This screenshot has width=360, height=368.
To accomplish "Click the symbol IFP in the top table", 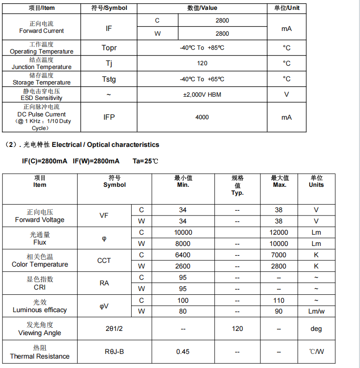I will (109, 117).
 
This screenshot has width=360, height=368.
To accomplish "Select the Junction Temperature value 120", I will (202, 63).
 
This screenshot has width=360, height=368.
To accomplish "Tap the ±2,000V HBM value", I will (202, 94).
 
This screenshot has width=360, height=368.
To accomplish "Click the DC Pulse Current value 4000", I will (202, 117).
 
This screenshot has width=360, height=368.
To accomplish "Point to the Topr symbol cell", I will (109, 48).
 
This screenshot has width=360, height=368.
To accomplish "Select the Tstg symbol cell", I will (109, 79).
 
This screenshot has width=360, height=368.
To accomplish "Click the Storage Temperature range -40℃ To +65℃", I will (202, 79).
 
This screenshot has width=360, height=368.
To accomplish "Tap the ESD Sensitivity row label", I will (41, 95).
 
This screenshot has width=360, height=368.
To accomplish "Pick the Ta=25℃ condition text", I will (145, 161).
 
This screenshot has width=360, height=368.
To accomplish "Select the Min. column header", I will (183, 182).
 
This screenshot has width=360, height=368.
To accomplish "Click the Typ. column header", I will (237, 185).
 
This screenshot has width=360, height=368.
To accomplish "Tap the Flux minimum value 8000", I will (183, 244).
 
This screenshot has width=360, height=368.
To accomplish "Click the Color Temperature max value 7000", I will (278, 255).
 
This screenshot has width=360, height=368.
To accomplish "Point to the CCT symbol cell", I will (104, 261).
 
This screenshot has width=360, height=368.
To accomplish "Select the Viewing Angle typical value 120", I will (237, 329).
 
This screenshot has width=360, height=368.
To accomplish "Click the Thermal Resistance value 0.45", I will (183, 352).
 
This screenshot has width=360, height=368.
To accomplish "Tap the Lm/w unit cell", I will (316, 311).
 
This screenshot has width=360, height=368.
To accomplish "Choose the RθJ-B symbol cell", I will (114, 352).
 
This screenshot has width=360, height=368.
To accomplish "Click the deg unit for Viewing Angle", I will (316, 329).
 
